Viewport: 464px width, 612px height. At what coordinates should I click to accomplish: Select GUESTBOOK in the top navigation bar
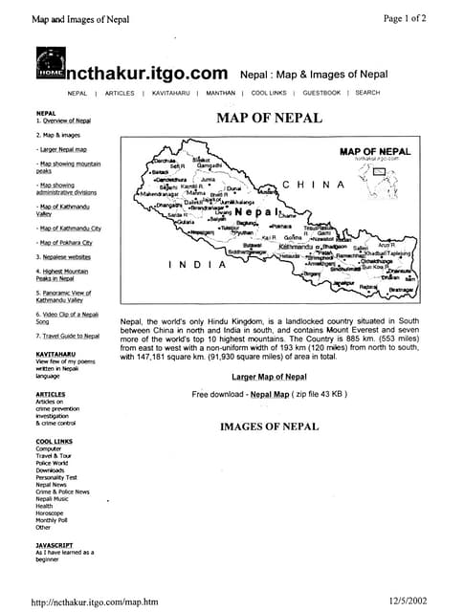pos(321,93)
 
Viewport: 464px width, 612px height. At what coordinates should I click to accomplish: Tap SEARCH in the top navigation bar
pos(367,93)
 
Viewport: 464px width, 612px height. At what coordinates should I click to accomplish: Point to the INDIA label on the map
pos(197,264)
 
